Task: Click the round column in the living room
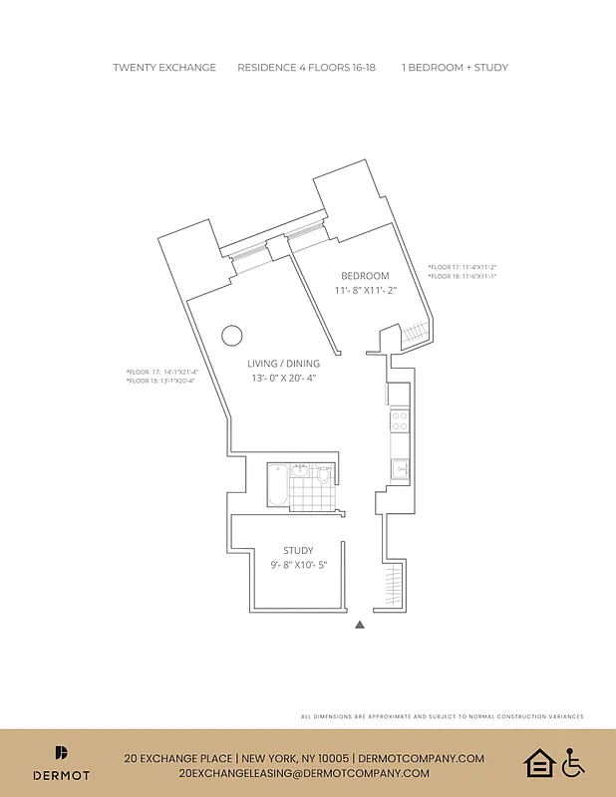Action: pyautogui.click(x=232, y=336)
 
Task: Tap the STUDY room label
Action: pyautogui.click(x=298, y=550)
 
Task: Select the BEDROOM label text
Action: pyautogui.click(x=365, y=276)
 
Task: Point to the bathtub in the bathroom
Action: pyautogui.click(x=278, y=484)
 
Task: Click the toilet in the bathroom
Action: pyautogui.click(x=323, y=476)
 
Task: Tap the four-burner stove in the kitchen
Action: pyautogui.click(x=399, y=421)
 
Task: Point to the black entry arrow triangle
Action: pyautogui.click(x=361, y=625)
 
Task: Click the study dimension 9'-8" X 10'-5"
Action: pyautogui.click(x=298, y=566)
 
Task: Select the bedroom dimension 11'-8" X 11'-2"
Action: pyautogui.click(x=365, y=291)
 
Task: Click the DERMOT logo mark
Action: pyautogui.click(x=61, y=753)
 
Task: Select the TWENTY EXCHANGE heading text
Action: pyautogui.click(x=164, y=68)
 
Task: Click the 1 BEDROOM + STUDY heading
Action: pyautogui.click(x=455, y=68)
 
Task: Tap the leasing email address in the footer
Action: pyautogui.click(x=304, y=773)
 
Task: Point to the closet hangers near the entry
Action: pyautogui.click(x=396, y=587)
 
